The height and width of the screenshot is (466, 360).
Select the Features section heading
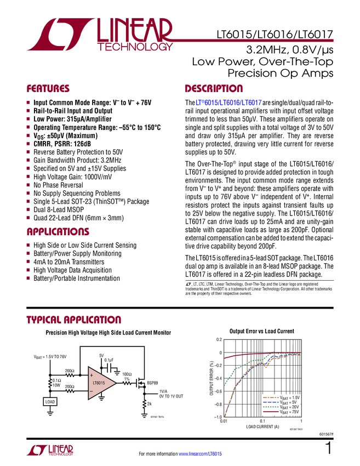pyautogui.click(x=48, y=89)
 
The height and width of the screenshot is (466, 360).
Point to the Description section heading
pyautogui.click(x=214, y=89)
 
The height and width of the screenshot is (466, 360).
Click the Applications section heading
pyautogui.click(x=58, y=232)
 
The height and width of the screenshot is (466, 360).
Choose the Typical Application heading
pyautogui.click(x=73, y=320)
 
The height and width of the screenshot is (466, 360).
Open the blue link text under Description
pyautogui.click(x=228, y=103)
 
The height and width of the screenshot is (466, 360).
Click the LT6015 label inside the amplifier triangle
pyautogui.click(x=99, y=383)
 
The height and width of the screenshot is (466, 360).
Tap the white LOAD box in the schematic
pyautogui.click(x=50, y=401)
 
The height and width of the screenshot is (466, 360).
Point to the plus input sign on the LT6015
pyautogui.click(x=91, y=376)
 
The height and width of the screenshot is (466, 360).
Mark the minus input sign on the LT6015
pyautogui.click(x=91, y=391)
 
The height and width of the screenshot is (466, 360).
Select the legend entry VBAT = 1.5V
pyautogui.click(x=282, y=397)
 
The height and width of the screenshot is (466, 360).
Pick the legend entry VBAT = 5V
pyautogui.click(x=282, y=402)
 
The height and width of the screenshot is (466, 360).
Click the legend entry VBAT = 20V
pyautogui.click(x=282, y=407)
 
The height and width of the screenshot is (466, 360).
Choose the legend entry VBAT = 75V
pyautogui.click(x=282, y=412)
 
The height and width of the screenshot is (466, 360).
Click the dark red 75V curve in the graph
pyautogui.click(x=241, y=356)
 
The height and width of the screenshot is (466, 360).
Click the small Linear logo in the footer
pyautogui.click(x=49, y=450)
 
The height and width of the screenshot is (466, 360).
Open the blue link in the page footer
pyautogui.click(x=201, y=453)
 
